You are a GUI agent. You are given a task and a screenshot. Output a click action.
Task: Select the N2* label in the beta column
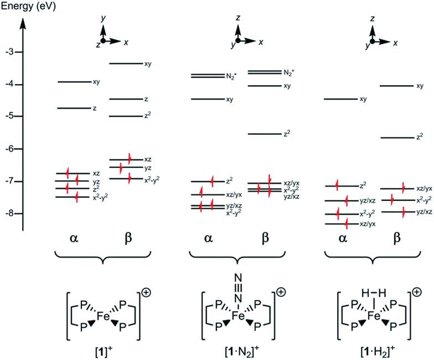[x=288, y=73]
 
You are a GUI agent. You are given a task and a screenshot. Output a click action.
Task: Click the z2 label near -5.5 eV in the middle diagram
[x=287, y=133]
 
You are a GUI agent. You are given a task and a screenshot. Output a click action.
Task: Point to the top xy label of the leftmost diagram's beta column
[x=148, y=64]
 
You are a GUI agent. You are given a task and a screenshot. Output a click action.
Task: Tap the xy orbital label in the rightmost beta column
[x=420, y=86]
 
